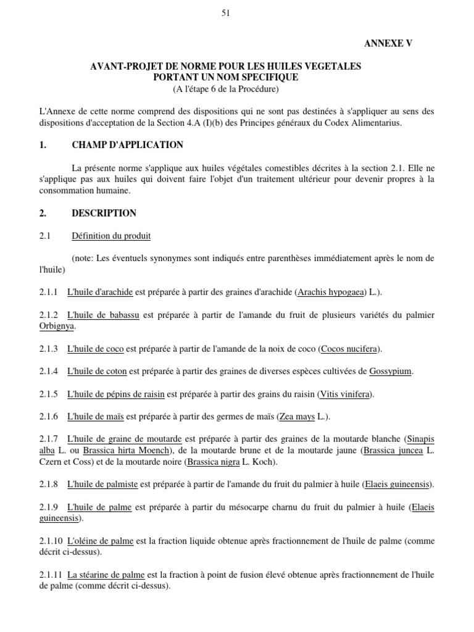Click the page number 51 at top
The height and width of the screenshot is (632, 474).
click(225, 14)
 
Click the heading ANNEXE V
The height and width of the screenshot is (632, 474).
click(389, 43)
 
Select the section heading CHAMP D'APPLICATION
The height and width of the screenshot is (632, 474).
click(127, 145)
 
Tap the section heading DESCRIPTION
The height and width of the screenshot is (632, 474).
click(104, 213)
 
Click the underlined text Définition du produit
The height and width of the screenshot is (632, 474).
click(111, 236)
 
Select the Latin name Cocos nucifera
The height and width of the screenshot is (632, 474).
click(350, 349)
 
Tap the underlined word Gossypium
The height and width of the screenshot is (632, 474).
click(391, 372)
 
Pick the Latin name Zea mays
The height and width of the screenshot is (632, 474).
click(297, 417)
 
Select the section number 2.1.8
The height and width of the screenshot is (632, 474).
click(48, 484)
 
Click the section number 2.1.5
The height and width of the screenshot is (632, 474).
click(48, 394)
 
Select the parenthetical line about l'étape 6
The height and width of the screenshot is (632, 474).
click(225, 89)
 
